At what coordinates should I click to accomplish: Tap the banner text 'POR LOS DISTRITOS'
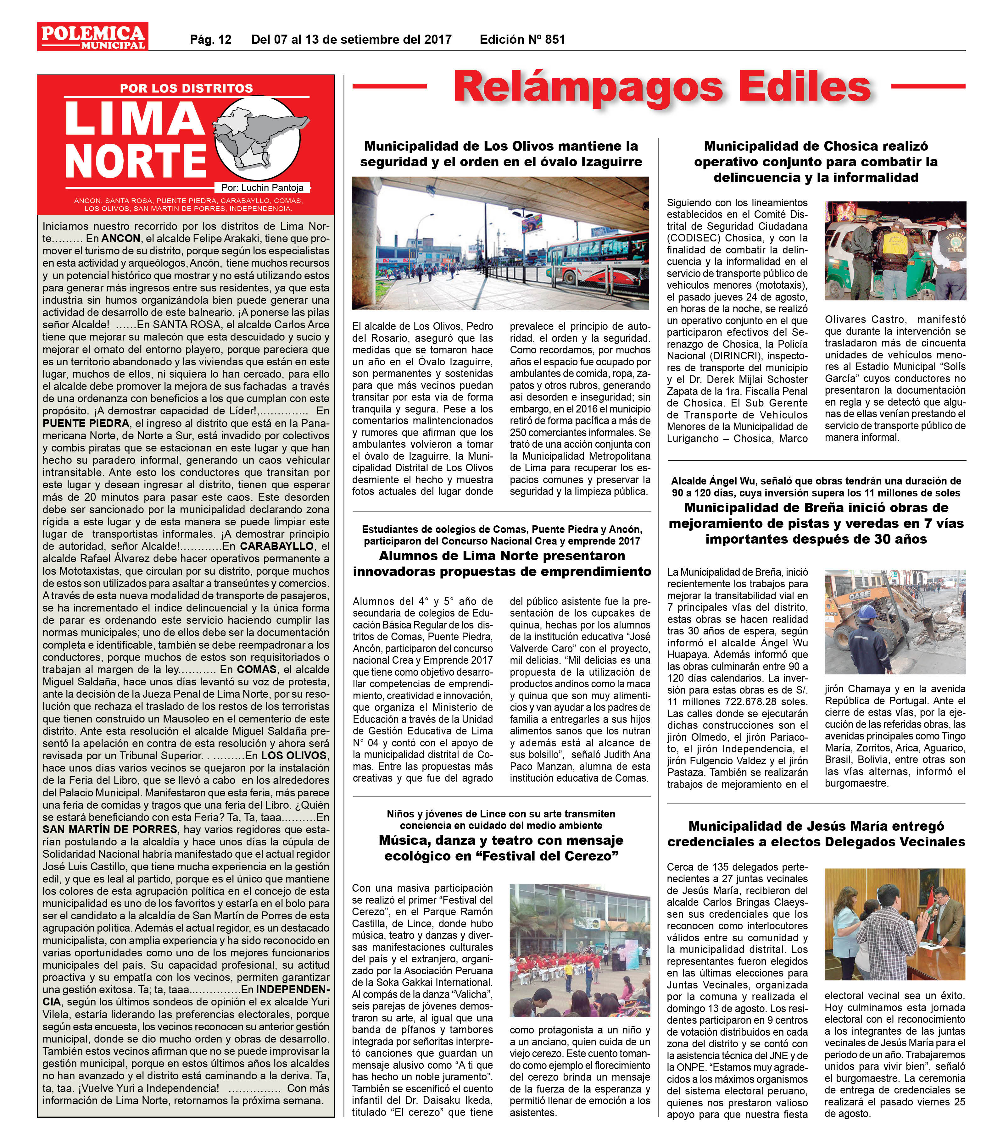click(186, 88)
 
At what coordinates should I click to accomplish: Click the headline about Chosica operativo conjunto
click(816, 162)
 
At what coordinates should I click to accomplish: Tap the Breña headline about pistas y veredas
click(816, 523)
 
